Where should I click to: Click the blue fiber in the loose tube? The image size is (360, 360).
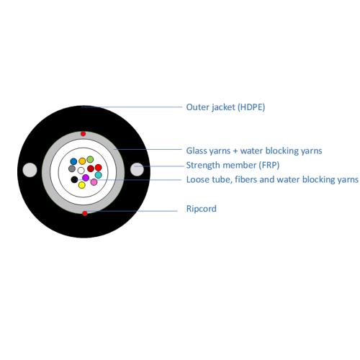pos(73,161)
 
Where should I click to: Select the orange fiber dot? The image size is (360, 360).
pos(82,161)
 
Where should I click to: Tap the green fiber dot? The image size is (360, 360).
pos(90,159)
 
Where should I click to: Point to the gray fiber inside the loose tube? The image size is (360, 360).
pos(72,168)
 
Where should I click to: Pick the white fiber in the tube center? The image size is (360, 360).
pos(81,171)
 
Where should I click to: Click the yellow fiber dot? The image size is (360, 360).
pos(82,185)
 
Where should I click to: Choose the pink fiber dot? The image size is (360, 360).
pos(94,182)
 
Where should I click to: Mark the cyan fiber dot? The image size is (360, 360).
pos(99,175)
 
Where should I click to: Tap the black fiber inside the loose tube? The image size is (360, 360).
pos(74,179)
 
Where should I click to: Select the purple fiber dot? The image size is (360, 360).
pos(86,178)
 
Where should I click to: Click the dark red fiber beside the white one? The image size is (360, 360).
pos(91,168)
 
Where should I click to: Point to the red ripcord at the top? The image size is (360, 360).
pos(83,134)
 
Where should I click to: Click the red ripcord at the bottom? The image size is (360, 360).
pos(85,213)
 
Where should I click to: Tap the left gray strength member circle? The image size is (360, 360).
pos(30,170)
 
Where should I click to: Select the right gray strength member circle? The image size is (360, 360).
pos(137,169)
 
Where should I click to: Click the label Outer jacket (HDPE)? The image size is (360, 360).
pos(225,107)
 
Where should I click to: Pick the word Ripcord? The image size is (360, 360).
pos(202,209)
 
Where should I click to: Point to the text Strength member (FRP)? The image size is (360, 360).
pos(233,165)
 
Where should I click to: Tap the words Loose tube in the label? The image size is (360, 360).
pos(209,179)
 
